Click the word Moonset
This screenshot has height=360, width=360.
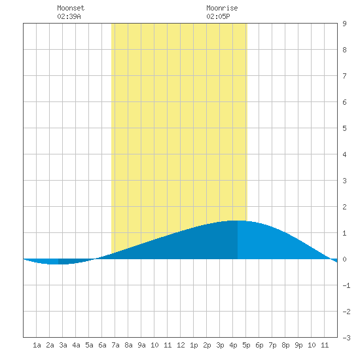pos(71,8)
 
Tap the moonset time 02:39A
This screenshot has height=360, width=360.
pos(69,16)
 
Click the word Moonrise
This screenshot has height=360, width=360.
pos(222,8)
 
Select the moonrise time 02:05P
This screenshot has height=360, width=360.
pos(218,16)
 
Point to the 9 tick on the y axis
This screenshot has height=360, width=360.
pos(344,24)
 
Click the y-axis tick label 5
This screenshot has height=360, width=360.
pos(344,128)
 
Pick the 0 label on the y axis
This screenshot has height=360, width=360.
pos(344,259)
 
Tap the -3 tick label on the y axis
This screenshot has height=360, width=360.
pos(346,338)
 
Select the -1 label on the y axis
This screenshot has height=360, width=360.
pos(346,285)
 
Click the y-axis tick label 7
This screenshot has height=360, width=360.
pos(344,76)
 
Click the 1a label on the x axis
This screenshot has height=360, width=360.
pos(37,345)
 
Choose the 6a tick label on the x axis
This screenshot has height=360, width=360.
pos(102,345)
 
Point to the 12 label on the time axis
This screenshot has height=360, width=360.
pos(181,345)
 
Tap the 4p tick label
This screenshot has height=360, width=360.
pos(233,345)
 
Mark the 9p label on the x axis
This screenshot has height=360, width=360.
pos(298,345)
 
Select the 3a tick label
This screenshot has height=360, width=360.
pos(63,345)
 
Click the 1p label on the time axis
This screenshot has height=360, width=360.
pos(194,345)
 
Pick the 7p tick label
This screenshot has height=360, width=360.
pos(272,345)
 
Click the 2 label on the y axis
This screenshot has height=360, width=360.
pos(344,207)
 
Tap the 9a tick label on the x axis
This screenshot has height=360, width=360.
pos(141,345)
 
